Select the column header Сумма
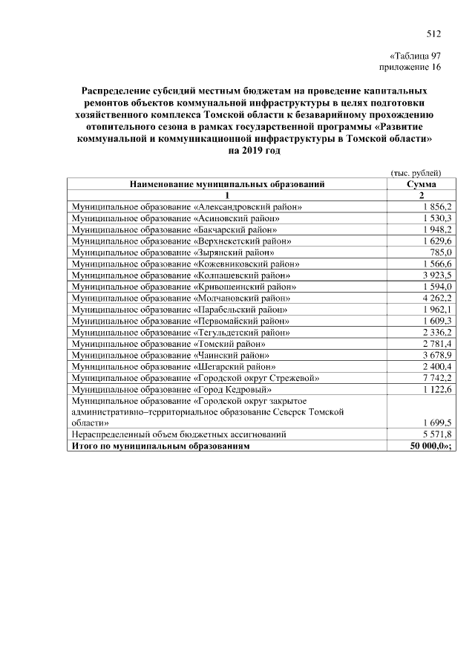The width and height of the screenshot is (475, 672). pos(422,184)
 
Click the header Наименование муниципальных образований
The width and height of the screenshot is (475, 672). pos(227,184)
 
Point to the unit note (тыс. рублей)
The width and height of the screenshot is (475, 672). pos(416,173)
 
